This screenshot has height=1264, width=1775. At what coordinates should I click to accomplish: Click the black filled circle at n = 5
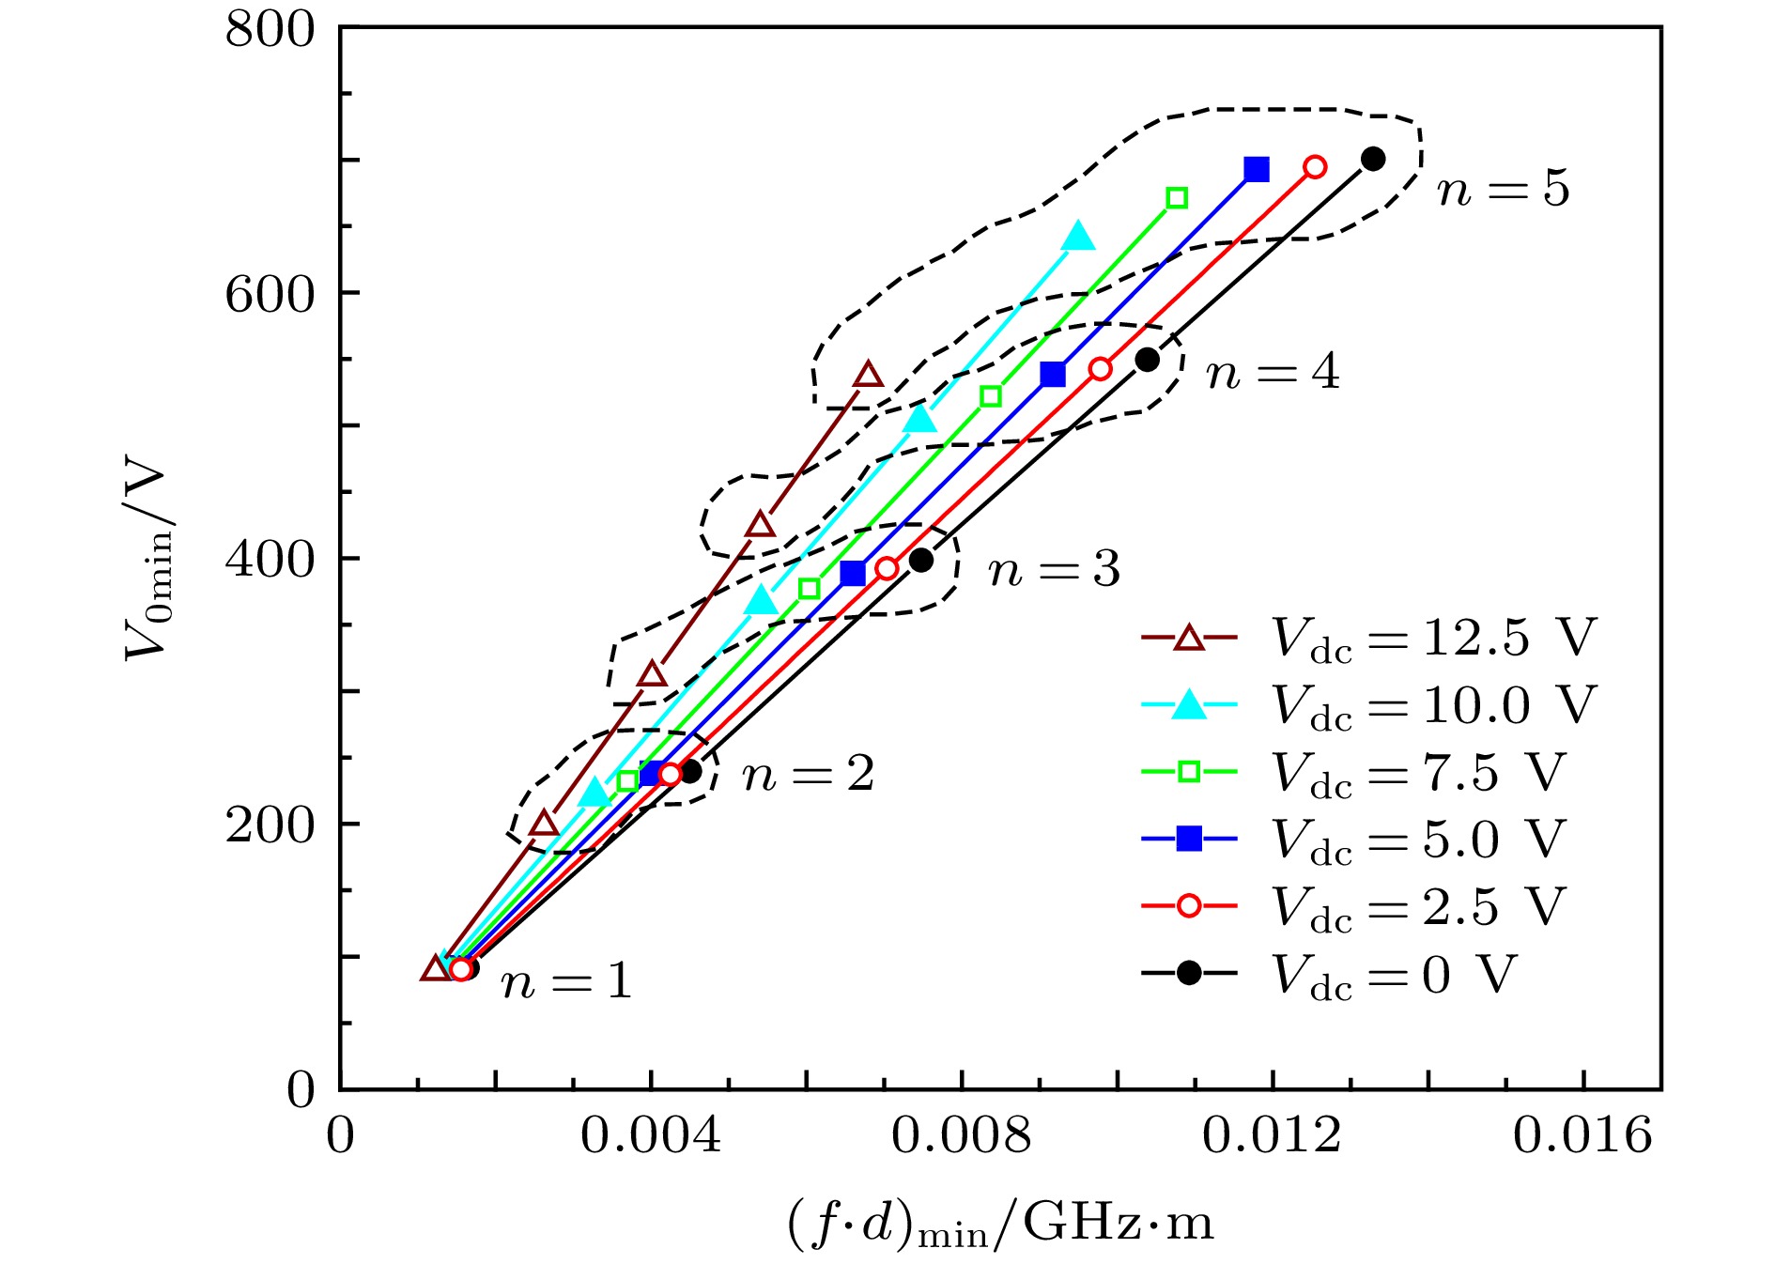point(1373,159)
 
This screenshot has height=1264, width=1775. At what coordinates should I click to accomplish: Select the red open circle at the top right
point(1315,167)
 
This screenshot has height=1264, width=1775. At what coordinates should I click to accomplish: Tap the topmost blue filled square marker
point(1257,169)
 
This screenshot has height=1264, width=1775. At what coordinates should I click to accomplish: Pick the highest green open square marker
point(1177,198)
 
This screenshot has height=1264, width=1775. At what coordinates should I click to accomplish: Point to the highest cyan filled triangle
point(1079,237)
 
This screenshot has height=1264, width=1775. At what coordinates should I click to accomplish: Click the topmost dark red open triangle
point(869,376)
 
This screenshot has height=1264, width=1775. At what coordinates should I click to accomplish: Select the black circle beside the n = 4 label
point(1147,360)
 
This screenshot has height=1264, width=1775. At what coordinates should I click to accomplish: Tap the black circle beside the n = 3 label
point(921,561)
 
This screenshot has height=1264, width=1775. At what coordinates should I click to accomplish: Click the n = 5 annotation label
point(1503,189)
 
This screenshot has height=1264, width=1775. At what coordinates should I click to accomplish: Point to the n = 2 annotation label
point(808,775)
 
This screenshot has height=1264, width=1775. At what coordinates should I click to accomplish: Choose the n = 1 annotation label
point(566,982)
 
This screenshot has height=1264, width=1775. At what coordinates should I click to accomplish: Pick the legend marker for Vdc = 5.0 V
point(1189,839)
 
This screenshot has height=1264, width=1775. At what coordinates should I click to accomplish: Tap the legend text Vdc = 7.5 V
point(1418,773)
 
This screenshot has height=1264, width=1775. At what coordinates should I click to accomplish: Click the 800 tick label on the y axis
point(270,30)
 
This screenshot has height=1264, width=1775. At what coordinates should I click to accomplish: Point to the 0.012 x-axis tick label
point(1272,1135)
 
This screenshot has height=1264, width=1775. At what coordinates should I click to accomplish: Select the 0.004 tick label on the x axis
point(650,1135)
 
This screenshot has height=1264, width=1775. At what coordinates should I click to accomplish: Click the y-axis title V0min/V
point(147,561)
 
